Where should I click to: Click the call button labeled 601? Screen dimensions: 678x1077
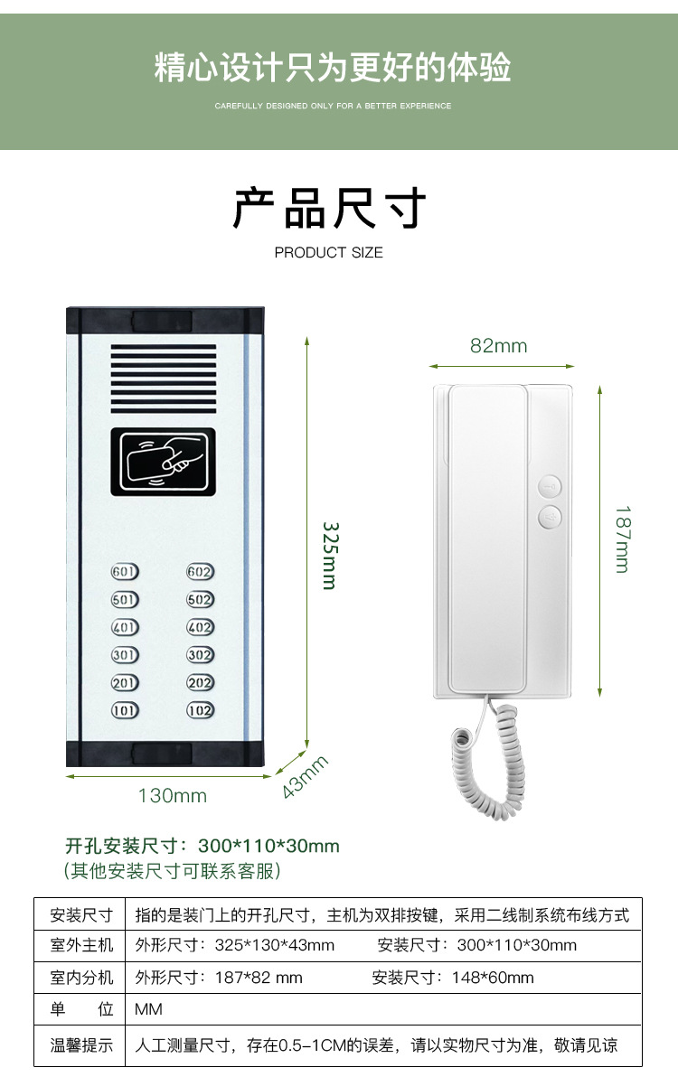125,572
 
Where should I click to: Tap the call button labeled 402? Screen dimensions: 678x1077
201,627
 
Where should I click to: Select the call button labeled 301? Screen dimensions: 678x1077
125,655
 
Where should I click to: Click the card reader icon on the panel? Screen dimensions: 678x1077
164,462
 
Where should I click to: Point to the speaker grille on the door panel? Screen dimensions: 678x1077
164,378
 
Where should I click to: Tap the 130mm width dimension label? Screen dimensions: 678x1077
172,796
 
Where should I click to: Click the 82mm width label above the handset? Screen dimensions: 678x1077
498,346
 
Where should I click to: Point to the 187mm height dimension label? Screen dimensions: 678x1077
622,538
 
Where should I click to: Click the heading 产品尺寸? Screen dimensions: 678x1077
329,209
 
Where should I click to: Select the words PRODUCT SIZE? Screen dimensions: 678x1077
329,253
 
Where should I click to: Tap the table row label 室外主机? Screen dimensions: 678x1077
81,945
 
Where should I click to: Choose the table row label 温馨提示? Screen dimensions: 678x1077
81,1045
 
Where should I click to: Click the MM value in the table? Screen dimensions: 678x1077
148,1009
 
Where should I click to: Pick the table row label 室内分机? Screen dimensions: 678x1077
81,978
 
